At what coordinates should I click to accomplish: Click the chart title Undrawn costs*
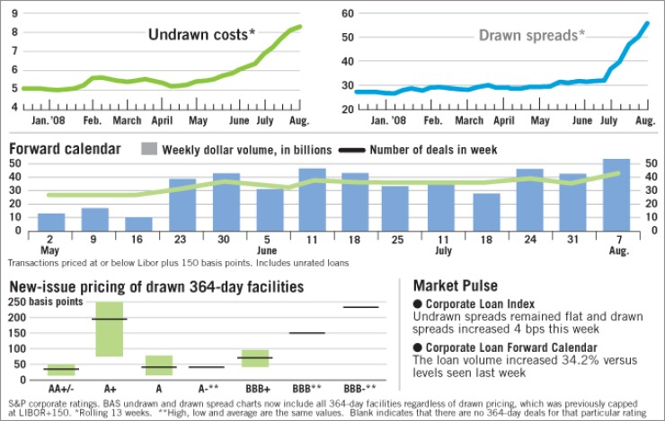point(201,35)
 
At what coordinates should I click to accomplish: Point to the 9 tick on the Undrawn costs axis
point(13,13)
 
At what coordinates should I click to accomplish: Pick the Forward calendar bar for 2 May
point(51,221)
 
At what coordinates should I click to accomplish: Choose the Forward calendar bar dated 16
point(138,223)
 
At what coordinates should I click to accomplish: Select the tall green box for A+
point(109,329)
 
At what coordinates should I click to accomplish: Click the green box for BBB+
point(255,358)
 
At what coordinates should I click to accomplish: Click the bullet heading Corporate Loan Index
point(471,303)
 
